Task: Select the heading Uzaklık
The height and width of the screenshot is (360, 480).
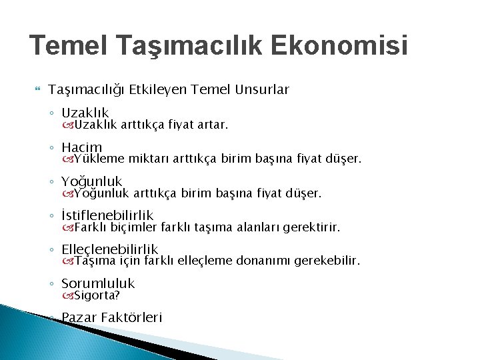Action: (x=85, y=113)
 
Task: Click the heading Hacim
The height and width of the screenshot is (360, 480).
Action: (x=81, y=147)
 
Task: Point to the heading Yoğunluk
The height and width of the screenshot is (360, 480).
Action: (x=91, y=181)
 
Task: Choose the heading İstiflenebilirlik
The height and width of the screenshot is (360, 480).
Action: (x=107, y=215)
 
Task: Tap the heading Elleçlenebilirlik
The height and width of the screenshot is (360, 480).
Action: (x=109, y=249)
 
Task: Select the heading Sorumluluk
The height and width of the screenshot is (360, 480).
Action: (x=97, y=283)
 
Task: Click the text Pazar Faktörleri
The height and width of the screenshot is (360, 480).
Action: (x=111, y=318)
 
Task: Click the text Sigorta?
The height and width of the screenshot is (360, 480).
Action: (x=97, y=295)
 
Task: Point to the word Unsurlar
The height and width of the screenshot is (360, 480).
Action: (x=263, y=89)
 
